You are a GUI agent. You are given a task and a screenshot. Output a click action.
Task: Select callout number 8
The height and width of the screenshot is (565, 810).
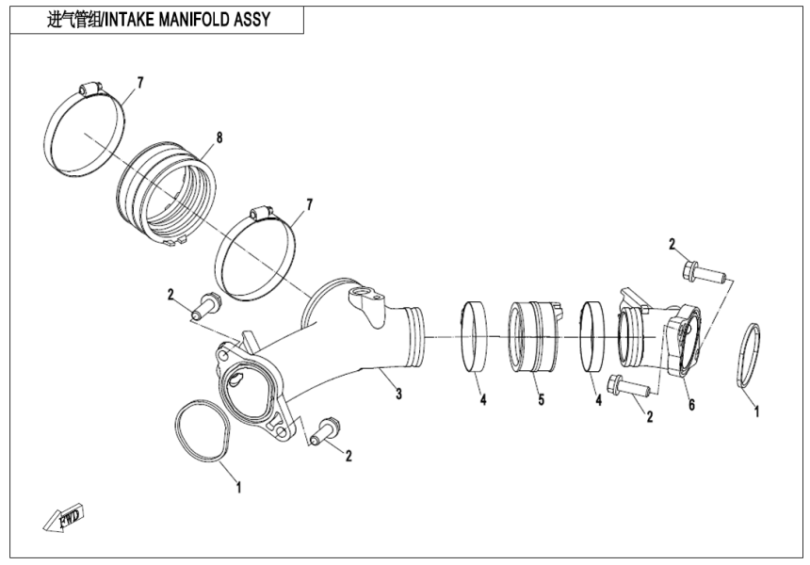pos(219,137)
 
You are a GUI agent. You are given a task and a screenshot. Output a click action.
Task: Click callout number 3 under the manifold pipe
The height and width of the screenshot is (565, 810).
pos(398,394)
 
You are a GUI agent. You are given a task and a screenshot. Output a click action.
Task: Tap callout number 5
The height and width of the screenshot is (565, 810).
pos(541,400)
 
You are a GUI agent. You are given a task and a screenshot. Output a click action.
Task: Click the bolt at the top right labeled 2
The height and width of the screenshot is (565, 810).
pos(702,273)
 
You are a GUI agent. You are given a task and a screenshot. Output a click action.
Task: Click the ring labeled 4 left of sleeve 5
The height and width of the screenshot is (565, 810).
pos(475,334)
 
